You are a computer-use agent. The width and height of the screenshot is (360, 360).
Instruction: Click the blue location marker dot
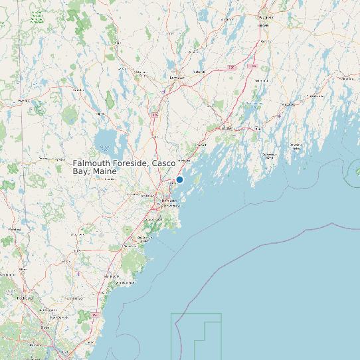click(179, 179)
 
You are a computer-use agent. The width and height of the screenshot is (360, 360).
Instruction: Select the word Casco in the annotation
click(165, 163)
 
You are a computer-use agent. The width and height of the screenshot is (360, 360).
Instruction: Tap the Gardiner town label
click(266, 41)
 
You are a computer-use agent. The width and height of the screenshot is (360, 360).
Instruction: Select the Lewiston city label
click(176, 78)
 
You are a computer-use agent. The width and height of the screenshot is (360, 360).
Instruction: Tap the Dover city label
click(45, 327)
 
